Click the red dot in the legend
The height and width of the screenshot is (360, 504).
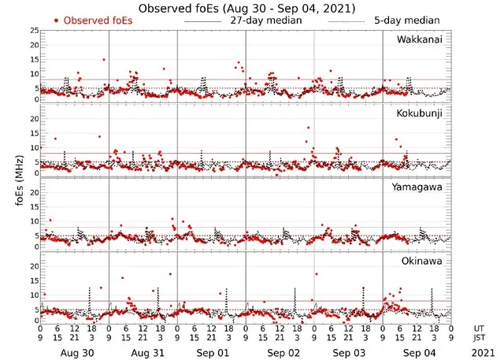[57, 20]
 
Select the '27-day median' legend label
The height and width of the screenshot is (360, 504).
[265, 20]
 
